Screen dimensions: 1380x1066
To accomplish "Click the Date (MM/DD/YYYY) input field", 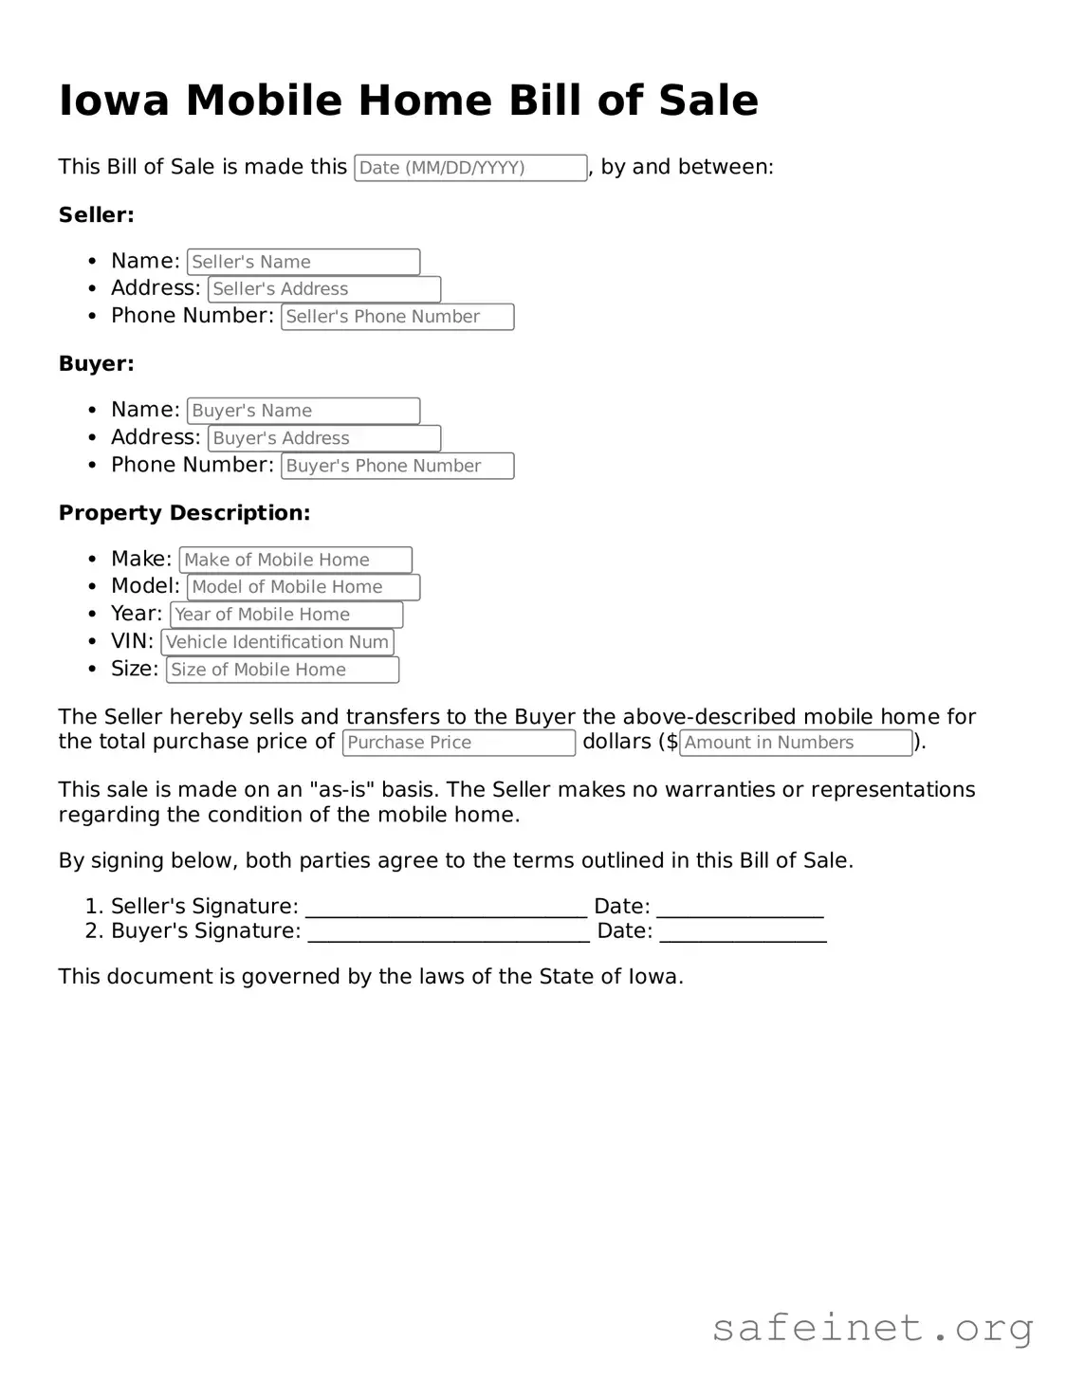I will [x=470, y=168].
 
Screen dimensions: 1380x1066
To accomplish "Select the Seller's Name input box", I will [x=303, y=262].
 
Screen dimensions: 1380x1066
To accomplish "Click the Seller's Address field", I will [x=324, y=289].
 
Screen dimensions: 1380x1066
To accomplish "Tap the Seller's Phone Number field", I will [x=397, y=317].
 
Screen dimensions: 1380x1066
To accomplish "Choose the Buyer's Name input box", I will [x=303, y=411].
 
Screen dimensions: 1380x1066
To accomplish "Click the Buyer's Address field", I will [x=324, y=438].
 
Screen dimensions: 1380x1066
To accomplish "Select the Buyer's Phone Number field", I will [x=397, y=466].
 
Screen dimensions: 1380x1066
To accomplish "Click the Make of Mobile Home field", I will [x=296, y=560].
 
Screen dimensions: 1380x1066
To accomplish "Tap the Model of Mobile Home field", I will [x=303, y=587].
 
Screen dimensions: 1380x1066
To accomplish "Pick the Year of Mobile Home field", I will [x=286, y=615].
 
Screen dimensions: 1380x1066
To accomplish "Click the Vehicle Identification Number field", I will [x=277, y=642].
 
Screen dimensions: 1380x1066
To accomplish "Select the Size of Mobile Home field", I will [x=283, y=670].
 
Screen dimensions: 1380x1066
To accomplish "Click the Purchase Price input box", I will [x=459, y=743].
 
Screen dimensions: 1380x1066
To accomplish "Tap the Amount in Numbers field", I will [x=796, y=743].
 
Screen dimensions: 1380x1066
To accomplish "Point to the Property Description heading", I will [x=184, y=513].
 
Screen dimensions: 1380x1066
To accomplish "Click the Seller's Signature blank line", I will [x=446, y=909].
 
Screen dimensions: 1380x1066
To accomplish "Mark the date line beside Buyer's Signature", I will [x=743, y=933].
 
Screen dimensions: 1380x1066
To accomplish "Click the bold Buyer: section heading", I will [x=96, y=364].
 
